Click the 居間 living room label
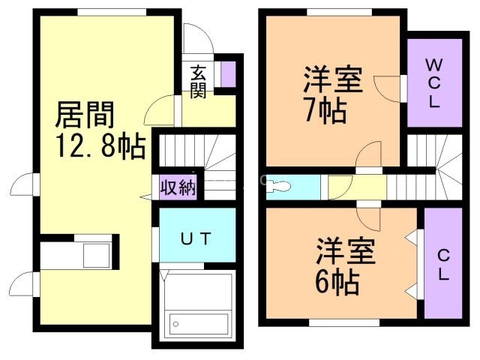tap(85, 115)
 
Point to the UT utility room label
tap(197, 238)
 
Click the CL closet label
tap(442, 265)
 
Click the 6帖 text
tap(335, 282)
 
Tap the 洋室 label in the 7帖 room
tap(333, 79)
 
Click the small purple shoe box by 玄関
tap(227, 72)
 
